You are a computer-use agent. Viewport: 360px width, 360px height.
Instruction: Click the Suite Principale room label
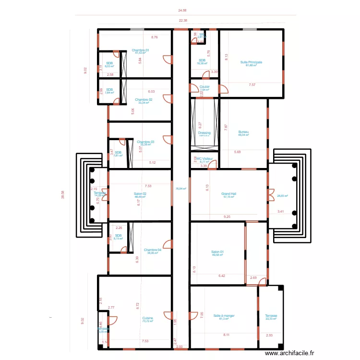[x=251, y=62]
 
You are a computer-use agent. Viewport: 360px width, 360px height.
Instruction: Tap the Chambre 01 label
[x=140, y=50]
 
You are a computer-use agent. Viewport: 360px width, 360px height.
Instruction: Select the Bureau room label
[x=243, y=132]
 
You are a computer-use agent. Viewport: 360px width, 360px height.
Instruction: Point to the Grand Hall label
[x=229, y=194]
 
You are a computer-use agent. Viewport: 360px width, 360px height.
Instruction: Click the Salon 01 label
[x=217, y=252]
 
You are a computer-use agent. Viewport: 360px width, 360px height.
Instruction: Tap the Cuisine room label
[x=147, y=318]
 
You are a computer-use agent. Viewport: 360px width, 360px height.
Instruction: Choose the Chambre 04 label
[x=152, y=250]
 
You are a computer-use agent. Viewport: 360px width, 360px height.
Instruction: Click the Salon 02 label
[x=140, y=194]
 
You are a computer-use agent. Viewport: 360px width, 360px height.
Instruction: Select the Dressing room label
[x=204, y=133]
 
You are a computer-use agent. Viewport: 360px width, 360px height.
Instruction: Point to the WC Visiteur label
[x=204, y=158]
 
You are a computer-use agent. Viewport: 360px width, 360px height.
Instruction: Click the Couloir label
[x=204, y=87]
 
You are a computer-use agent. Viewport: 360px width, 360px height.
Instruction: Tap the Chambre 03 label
[x=145, y=142]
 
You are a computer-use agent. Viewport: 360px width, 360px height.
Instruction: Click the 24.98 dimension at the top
[x=182, y=10]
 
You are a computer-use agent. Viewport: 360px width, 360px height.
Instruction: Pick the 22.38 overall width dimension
[x=183, y=21]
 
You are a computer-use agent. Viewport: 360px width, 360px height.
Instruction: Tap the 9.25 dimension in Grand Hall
[x=227, y=217]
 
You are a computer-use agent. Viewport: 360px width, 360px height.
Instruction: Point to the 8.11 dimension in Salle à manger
[x=226, y=335]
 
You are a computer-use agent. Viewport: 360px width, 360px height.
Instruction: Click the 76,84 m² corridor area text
[x=181, y=189]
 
